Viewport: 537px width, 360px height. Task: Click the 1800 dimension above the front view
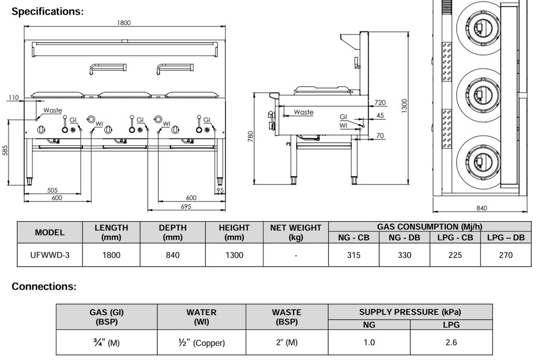pos(124,23)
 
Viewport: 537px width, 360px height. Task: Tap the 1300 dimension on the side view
pos(404,105)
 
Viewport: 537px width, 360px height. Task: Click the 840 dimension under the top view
pos(481,208)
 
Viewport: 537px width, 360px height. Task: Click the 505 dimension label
pos(52,190)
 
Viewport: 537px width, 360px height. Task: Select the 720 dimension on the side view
pos(380,103)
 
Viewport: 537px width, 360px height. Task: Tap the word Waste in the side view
pos(303,112)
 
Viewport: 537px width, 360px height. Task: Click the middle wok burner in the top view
pos(478,94)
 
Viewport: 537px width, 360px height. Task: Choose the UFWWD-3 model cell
pos(49,255)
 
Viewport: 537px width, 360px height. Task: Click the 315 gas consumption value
pos(354,255)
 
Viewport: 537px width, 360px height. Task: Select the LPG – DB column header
pos(506,238)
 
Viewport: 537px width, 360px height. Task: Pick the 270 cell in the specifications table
pos(506,255)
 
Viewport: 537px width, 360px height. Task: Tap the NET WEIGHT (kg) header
pos(296,232)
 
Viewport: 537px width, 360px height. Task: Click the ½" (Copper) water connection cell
pos(201,343)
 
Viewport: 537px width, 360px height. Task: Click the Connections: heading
pos(44,287)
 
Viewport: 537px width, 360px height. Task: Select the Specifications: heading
pos(48,12)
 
